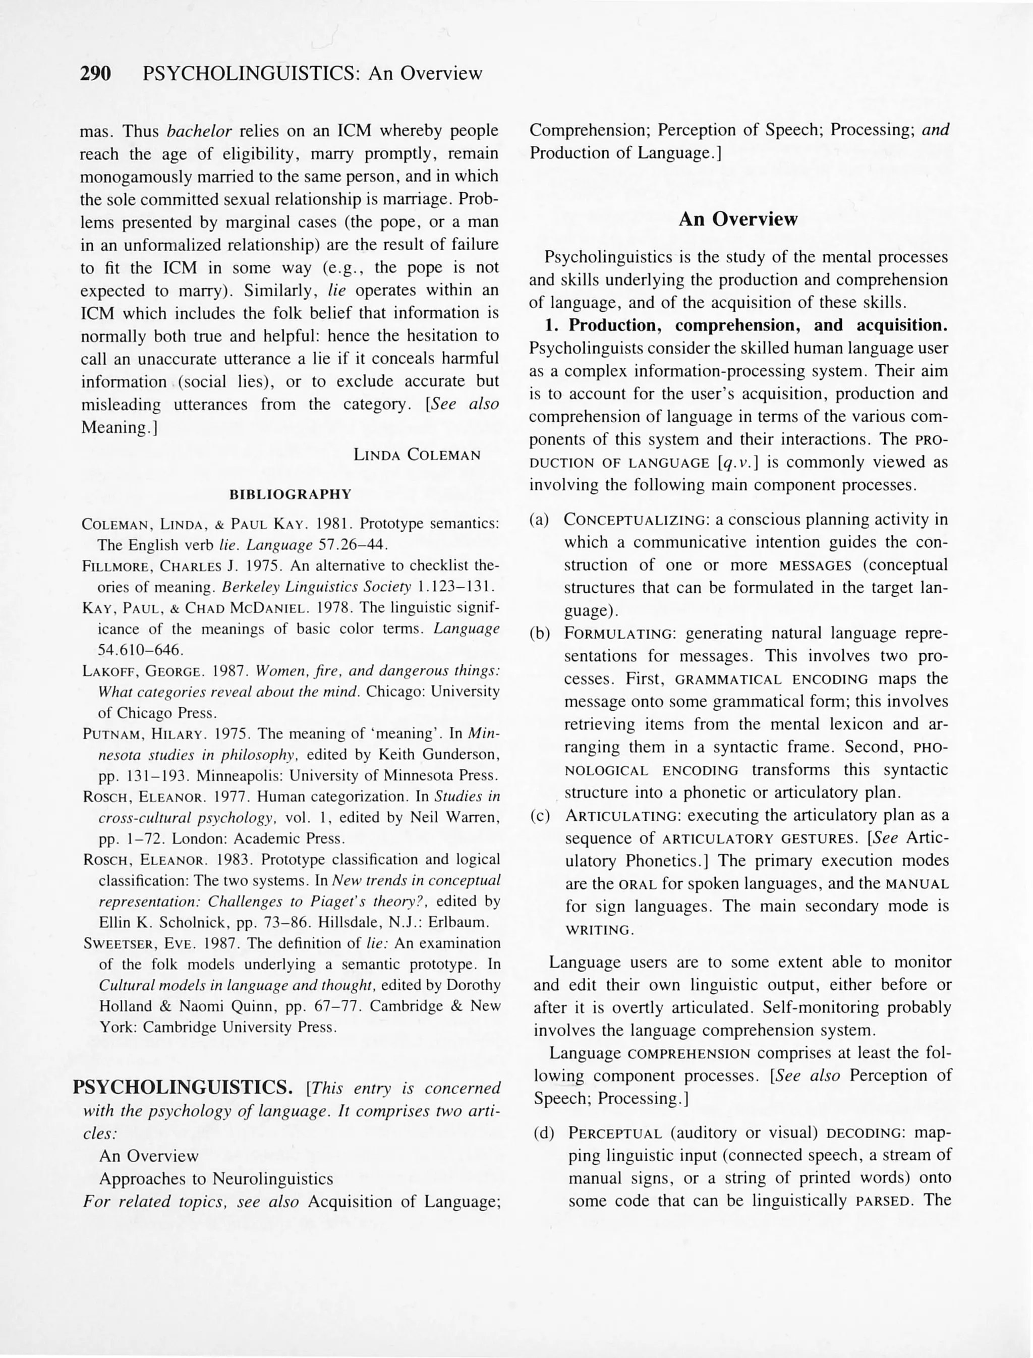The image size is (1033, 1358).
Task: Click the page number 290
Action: (x=95, y=74)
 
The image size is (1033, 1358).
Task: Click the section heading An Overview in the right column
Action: (x=737, y=219)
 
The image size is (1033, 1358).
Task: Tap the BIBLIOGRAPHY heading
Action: (x=290, y=494)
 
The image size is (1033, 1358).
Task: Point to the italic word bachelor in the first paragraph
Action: (x=199, y=132)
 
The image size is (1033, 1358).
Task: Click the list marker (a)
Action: (x=539, y=520)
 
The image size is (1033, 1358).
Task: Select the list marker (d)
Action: (x=544, y=1133)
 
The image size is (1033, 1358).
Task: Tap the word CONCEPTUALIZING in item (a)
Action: (x=637, y=520)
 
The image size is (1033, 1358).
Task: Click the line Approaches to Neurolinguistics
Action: (x=216, y=1179)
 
